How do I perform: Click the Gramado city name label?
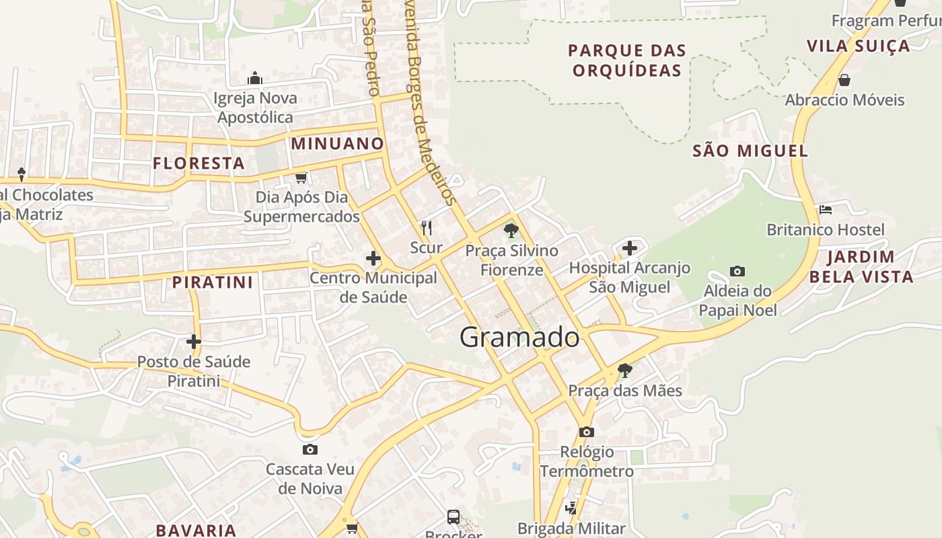[519, 337]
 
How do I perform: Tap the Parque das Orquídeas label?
[627, 60]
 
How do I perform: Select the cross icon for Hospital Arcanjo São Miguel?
[630, 248]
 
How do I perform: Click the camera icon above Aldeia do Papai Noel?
[737, 272]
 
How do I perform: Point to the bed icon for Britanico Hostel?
[826, 210]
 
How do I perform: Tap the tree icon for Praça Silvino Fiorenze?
[511, 231]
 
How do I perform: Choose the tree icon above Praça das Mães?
[625, 370]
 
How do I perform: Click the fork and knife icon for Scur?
[426, 228]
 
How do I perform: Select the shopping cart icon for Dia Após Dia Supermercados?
[301, 178]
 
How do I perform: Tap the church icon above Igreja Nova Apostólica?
[254, 78]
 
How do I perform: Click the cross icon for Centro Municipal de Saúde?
[373, 258]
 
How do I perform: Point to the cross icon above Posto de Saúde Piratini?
[194, 342]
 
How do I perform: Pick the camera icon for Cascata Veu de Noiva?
[310, 449]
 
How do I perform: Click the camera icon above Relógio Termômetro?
[587, 432]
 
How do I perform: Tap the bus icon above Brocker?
[454, 516]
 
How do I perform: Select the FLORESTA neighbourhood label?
[198, 163]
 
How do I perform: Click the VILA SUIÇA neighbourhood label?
[858, 46]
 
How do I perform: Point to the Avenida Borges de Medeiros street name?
[428, 101]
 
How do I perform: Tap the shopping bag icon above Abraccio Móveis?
[844, 81]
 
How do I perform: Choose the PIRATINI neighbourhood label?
[213, 282]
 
